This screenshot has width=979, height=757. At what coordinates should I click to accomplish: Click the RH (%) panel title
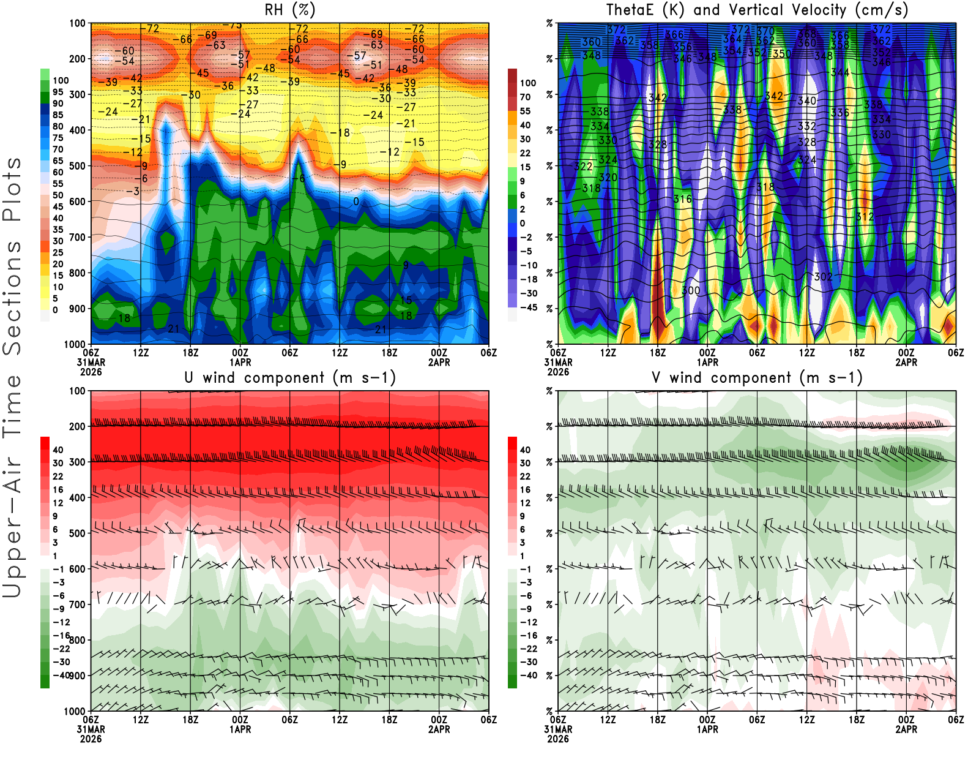(289, 10)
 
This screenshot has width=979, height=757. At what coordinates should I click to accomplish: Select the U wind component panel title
(290, 377)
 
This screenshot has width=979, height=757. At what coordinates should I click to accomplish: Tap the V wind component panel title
(757, 377)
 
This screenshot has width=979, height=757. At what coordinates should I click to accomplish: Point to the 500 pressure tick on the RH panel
(78, 166)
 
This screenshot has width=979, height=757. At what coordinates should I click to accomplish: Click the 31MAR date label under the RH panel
(91, 362)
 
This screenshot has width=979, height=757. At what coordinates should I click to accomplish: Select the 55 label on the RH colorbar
(58, 184)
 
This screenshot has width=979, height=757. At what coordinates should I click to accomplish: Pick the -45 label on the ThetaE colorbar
(528, 307)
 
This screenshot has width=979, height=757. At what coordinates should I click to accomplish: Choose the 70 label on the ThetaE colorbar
(525, 97)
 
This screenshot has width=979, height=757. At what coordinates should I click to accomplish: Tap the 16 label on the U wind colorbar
(58, 490)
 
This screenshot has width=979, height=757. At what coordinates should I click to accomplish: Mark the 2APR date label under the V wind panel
(906, 729)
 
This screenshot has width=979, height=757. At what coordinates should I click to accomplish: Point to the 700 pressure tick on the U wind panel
(78, 604)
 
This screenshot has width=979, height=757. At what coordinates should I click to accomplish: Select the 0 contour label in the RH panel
(356, 201)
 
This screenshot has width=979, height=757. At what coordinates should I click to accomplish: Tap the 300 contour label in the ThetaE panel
(691, 290)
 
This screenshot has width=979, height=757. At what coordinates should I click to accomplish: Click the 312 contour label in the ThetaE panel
(865, 217)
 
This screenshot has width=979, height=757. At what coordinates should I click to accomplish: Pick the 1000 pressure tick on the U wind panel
(75, 711)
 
